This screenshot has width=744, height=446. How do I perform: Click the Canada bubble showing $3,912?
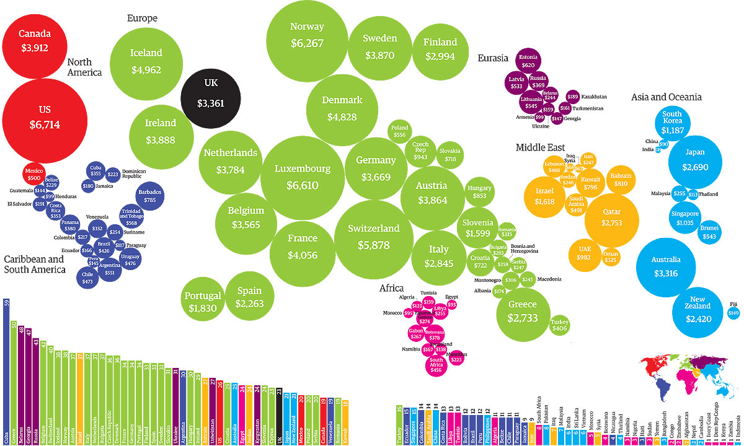click(x=35, y=40)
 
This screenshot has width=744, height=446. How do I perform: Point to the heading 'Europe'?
click(x=142, y=18)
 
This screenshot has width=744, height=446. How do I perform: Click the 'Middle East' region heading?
click(x=540, y=147)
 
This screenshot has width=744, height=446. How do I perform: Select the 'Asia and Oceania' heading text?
click(x=666, y=97)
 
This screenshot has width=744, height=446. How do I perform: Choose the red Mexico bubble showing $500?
click(x=35, y=174)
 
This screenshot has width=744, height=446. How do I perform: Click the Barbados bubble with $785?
click(x=149, y=196)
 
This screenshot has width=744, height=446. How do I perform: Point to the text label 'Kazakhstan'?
click(x=594, y=97)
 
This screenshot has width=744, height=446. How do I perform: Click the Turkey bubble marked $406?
click(x=559, y=325)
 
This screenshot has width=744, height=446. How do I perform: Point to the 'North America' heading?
click(x=84, y=67)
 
